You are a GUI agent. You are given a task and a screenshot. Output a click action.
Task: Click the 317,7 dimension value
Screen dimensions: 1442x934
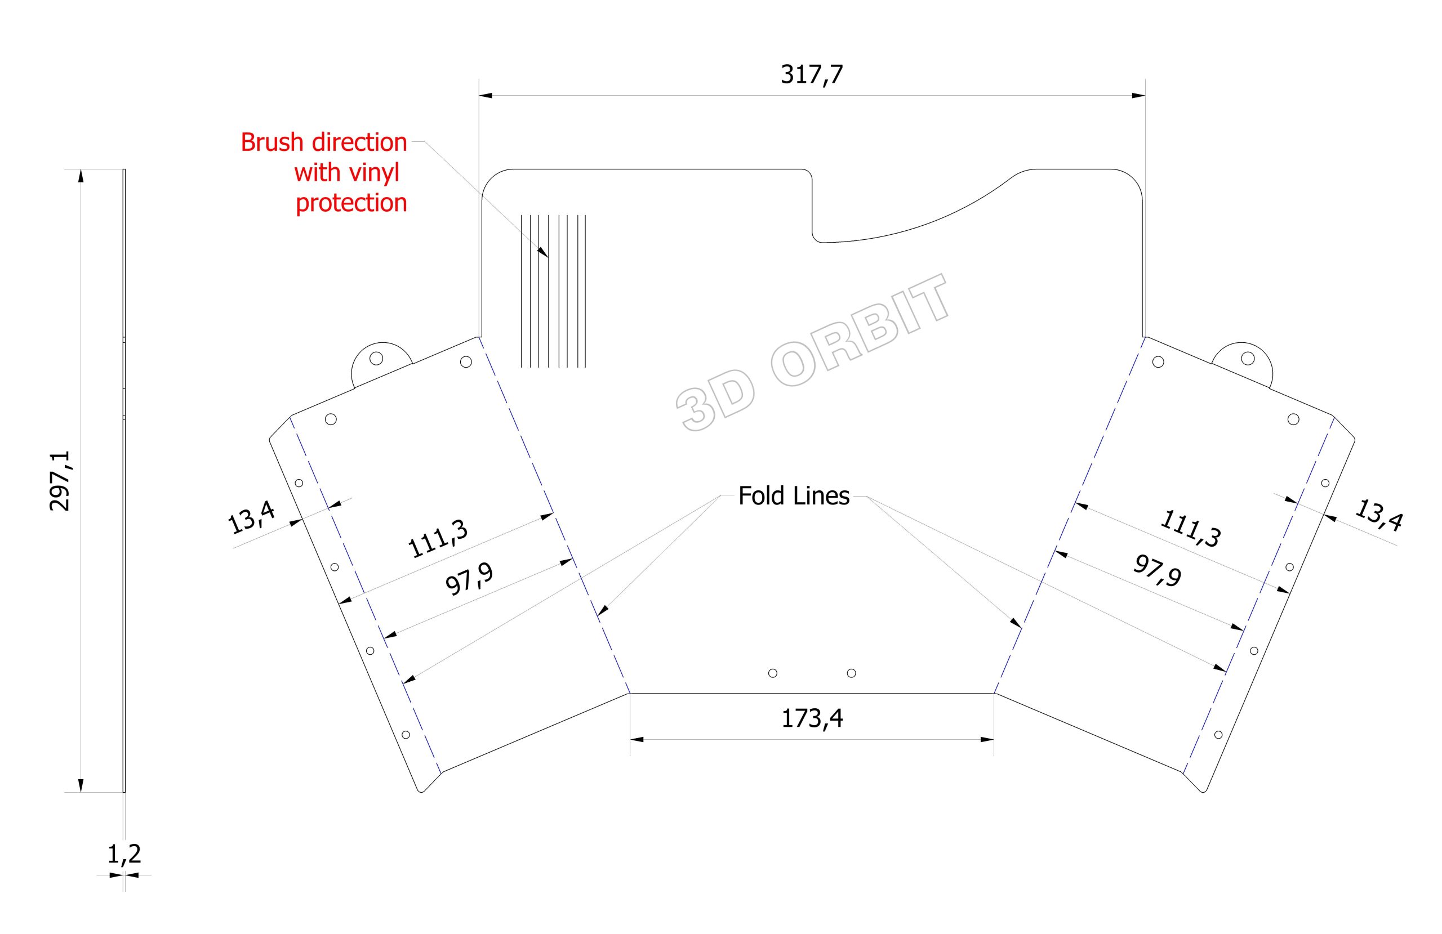pyautogui.click(x=811, y=74)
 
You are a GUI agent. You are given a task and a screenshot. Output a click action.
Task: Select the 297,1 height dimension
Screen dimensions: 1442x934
pyautogui.click(x=60, y=481)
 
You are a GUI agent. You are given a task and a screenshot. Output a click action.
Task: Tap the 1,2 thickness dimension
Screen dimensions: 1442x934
pyautogui.click(x=124, y=854)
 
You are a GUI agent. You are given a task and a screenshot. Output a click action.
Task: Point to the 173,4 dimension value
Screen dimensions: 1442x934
pyautogui.click(x=812, y=718)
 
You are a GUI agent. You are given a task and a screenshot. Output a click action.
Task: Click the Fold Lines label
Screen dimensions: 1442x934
pyautogui.click(x=794, y=496)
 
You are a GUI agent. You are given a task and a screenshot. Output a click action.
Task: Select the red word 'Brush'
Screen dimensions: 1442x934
pyautogui.click(x=272, y=142)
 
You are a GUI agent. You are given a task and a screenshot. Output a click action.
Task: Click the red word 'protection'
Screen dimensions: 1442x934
pyautogui.click(x=351, y=203)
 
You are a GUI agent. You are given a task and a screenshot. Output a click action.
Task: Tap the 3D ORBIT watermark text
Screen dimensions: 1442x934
pyautogui.click(x=811, y=353)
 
